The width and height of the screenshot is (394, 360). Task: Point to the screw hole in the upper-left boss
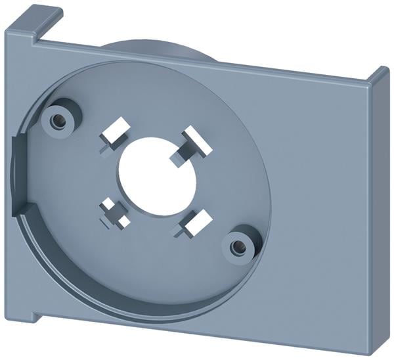pyautogui.click(x=58, y=119)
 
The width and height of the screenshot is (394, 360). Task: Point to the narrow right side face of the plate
pyautogui.click(x=379, y=217)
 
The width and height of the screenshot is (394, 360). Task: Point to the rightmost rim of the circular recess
pyautogui.click(x=269, y=197)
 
